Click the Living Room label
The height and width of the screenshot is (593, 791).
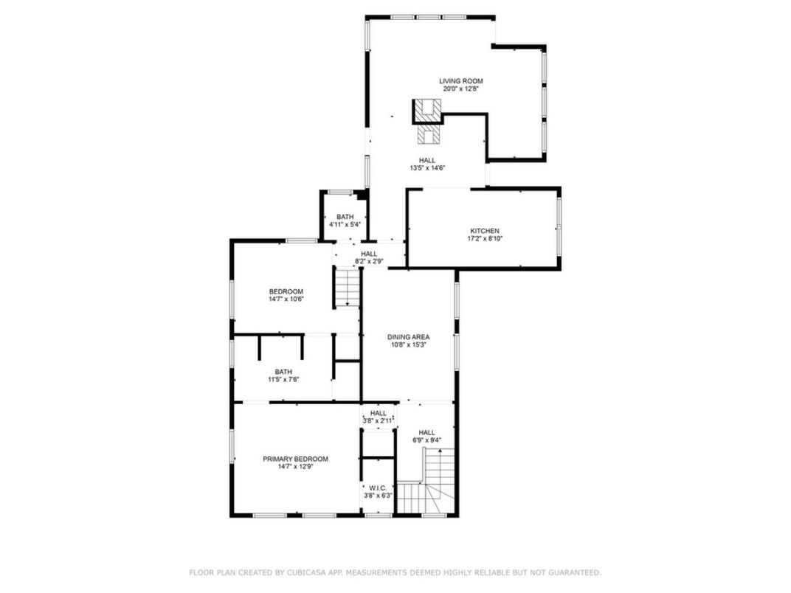pos(461,81)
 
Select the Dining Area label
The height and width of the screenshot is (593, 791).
pos(408,337)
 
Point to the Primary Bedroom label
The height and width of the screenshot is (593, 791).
pos(295,459)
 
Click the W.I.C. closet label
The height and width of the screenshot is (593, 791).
pos(379,488)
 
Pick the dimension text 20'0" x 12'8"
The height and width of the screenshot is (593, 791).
pos(462,89)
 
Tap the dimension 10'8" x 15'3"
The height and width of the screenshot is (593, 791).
pos(408,345)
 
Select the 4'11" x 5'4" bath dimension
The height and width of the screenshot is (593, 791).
pos(345,225)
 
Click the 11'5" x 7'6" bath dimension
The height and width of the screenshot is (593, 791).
pos(283,380)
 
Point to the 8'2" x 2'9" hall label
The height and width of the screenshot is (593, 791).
pos(369,261)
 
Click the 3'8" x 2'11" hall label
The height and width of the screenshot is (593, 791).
pos(379,421)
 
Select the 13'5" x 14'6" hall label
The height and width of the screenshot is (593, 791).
pos(427,168)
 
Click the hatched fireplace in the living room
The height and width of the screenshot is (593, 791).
pos(427,111)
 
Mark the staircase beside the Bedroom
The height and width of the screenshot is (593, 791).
pos(347,288)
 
